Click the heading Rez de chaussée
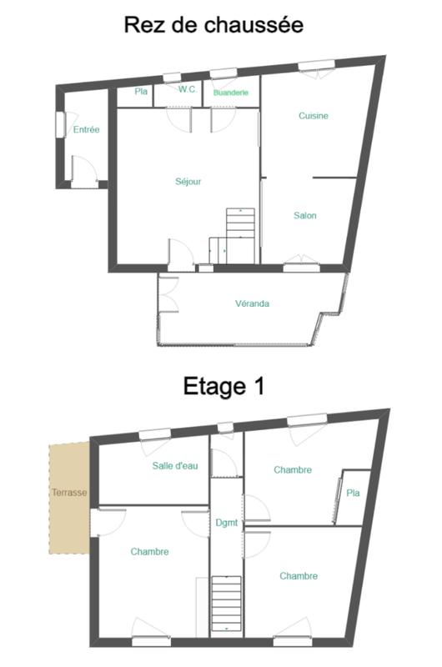pyautogui.click(x=213, y=24)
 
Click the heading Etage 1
pyautogui.click(x=223, y=386)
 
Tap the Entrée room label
pyautogui.click(x=86, y=130)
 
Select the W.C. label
pyautogui.click(x=188, y=90)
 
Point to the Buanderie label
pyautogui.click(x=231, y=93)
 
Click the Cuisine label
pyautogui.click(x=313, y=116)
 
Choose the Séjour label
pyautogui.click(x=188, y=181)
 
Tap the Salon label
pyautogui.click(x=304, y=215)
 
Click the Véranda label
pyautogui.click(x=252, y=304)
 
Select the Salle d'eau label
pyautogui.click(x=175, y=465)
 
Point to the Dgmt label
pyautogui.click(x=226, y=523)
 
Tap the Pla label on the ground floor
pyautogui.click(x=140, y=92)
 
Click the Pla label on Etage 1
pyautogui.click(x=353, y=494)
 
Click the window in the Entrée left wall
pyautogui.click(x=60, y=124)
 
